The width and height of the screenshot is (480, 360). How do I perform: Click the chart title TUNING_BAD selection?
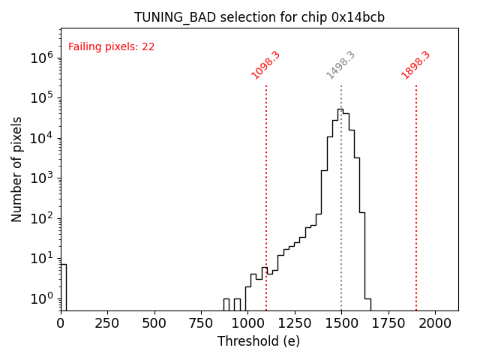click(x=259, y=17)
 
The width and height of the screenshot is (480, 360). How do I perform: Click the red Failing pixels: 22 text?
click(x=111, y=46)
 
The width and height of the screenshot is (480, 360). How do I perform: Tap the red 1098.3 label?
click(x=265, y=65)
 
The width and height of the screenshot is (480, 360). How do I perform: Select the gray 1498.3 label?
click(x=340, y=65)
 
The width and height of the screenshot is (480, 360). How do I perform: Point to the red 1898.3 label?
click(x=415, y=65)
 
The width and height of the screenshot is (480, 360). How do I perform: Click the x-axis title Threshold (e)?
click(x=259, y=341)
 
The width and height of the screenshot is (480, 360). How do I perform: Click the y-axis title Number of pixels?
click(x=17, y=169)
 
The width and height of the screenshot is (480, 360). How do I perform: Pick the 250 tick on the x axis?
click(x=107, y=322)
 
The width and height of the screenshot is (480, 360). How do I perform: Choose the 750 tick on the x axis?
click(x=201, y=322)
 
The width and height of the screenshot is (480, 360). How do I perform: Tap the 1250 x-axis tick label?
click(x=295, y=322)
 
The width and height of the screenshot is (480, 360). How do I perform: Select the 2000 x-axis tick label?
click(x=435, y=322)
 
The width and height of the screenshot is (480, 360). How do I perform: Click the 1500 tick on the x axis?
click(x=341, y=322)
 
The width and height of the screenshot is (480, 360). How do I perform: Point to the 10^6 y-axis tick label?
click(x=42, y=57)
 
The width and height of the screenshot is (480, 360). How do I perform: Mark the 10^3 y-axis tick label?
click(x=42, y=178)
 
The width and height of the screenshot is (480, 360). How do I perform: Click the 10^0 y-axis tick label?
click(x=42, y=298)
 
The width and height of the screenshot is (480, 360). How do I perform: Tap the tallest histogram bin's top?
click(x=340, y=109)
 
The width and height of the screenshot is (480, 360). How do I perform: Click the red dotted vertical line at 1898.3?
click(x=416, y=195)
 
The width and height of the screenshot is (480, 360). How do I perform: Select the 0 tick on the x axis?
click(x=61, y=322)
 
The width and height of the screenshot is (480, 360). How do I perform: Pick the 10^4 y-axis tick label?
click(x=42, y=137)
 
